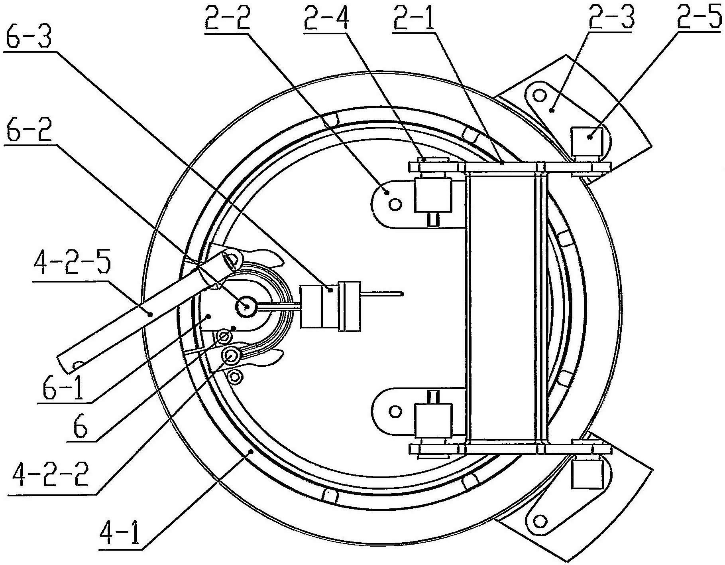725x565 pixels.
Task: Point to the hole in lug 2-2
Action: (395, 205)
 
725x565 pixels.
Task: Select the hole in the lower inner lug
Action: (395, 411)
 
